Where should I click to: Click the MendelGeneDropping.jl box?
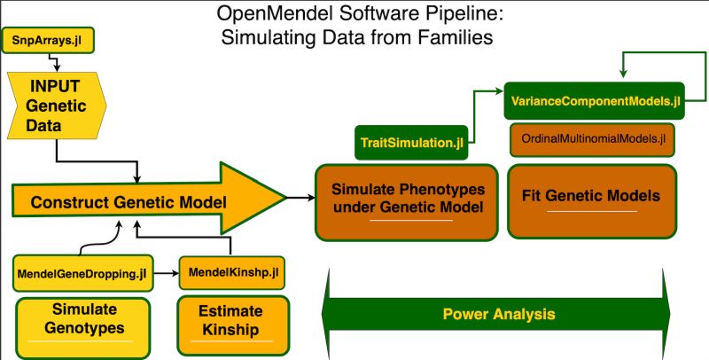point(81,275)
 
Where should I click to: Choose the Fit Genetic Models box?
point(592,198)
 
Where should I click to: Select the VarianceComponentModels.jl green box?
point(594,102)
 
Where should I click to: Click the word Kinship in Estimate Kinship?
point(233,331)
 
